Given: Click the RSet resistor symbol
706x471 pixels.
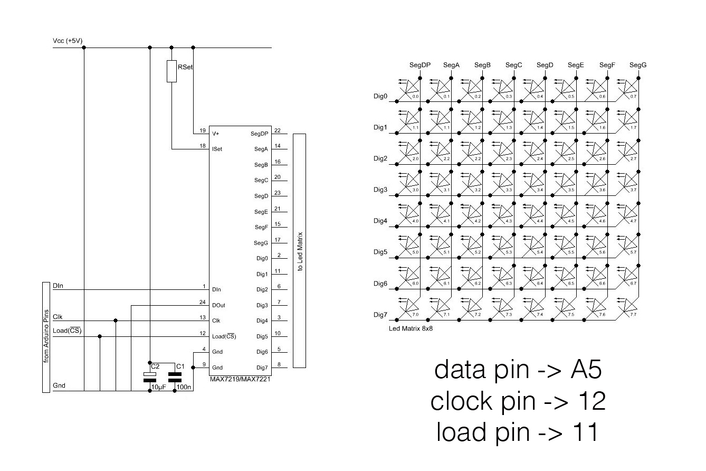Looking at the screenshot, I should [171, 71].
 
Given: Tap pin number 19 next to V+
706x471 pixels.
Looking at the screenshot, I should [202, 130].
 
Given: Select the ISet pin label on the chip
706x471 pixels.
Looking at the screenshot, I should [217, 149].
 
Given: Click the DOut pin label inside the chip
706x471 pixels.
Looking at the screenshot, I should [218, 305].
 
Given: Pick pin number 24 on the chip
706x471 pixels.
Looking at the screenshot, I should [202, 302].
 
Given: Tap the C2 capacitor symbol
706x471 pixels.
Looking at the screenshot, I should [150, 375].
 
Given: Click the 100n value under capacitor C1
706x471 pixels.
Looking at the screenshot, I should [184, 388].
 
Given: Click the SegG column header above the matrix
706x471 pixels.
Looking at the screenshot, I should [638, 65].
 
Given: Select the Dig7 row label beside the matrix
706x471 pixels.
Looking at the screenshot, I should [380, 315].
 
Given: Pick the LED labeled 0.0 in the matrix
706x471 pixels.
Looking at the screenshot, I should [409, 89].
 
